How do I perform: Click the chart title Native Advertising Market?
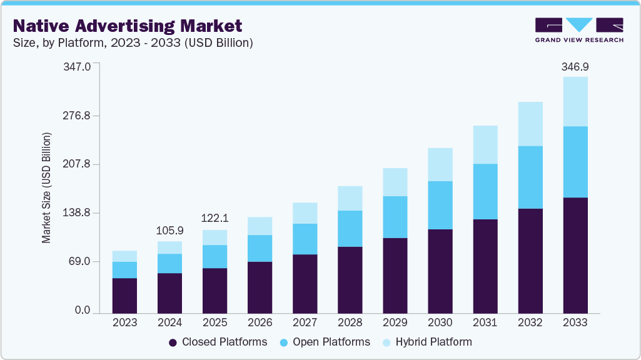coord(127,26)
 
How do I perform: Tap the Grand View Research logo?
coord(579,29)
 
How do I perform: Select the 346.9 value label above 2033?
coord(575,66)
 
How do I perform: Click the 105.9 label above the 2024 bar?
coord(169,231)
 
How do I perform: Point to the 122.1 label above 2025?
coord(215,219)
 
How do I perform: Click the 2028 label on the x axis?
coord(350,322)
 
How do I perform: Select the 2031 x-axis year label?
coord(485,322)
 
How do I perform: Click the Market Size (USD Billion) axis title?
coord(46,187)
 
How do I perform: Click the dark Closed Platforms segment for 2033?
coord(575,255)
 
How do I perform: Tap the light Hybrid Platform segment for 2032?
coord(530,124)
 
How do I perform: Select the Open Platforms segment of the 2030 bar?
coord(440,205)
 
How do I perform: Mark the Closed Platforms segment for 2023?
coord(124,295)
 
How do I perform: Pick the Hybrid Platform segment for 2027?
coord(305,213)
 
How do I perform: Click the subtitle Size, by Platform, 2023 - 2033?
coord(133,43)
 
